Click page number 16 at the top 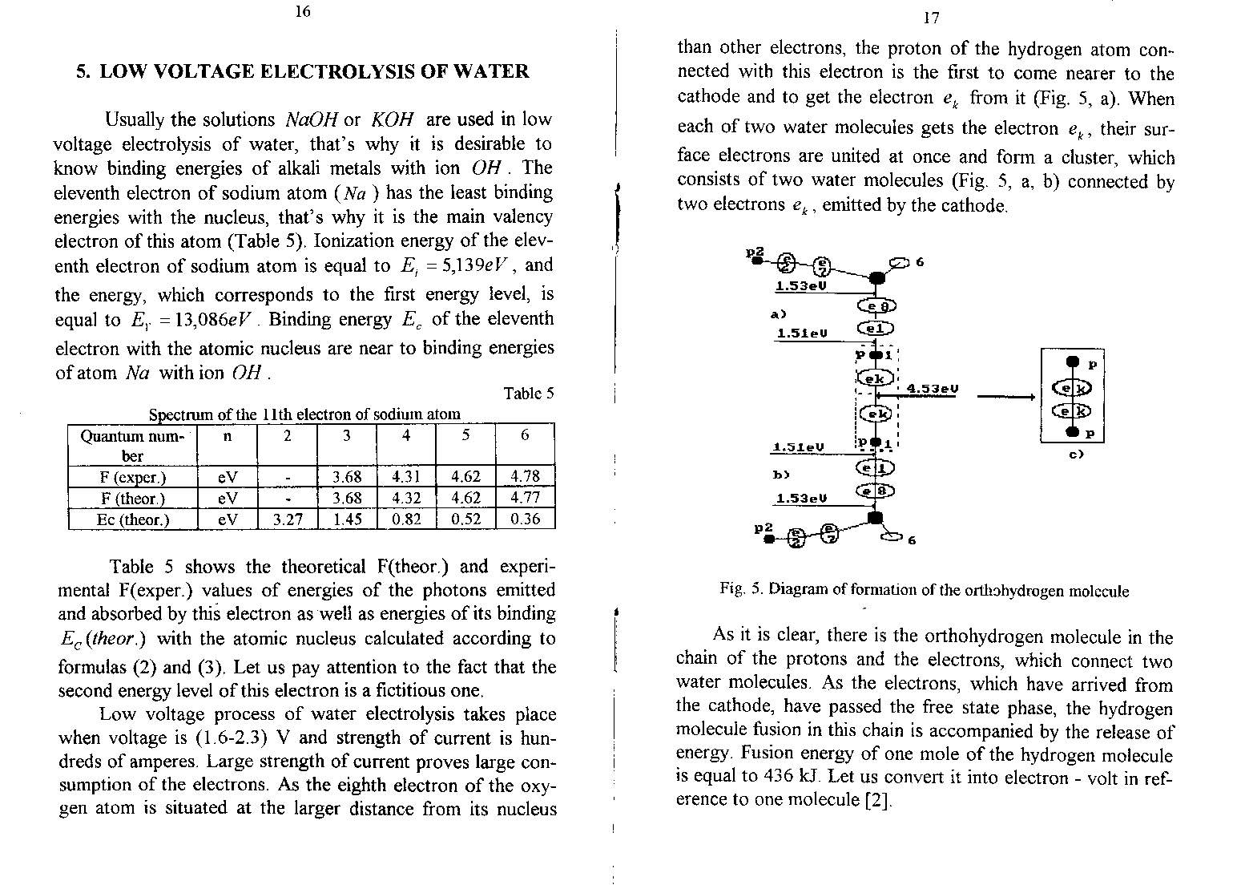[302, 11]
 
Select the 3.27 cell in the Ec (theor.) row [288, 519]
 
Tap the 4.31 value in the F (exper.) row [406, 477]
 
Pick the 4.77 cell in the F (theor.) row [525, 498]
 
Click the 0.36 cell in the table [525, 519]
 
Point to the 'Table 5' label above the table [528, 394]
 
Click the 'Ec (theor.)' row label [132, 519]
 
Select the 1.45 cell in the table [347, 519]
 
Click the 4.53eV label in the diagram [932, 390]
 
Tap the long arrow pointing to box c [1005, 394]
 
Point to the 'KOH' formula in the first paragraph [392, 120]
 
